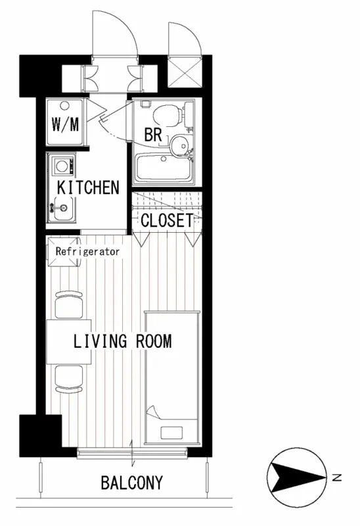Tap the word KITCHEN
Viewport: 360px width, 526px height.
point(88,187)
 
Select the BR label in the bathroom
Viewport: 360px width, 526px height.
point(153,134)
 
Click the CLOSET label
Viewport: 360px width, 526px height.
point(168,220)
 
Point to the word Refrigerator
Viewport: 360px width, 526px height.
point(87,251)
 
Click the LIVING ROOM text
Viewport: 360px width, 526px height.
point(122,341)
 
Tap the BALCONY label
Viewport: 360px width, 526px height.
point(132,483)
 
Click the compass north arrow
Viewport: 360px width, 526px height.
point(298,477)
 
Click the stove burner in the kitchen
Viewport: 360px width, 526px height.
point(62,166)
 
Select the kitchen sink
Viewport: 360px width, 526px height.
point(61,208)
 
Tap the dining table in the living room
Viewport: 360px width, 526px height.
point(69,342)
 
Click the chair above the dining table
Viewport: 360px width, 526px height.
point(69,304)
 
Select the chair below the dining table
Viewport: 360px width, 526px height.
point(69,379)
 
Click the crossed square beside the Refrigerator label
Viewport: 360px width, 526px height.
point(64,252)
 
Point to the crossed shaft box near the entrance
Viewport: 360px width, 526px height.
point(185,72)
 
